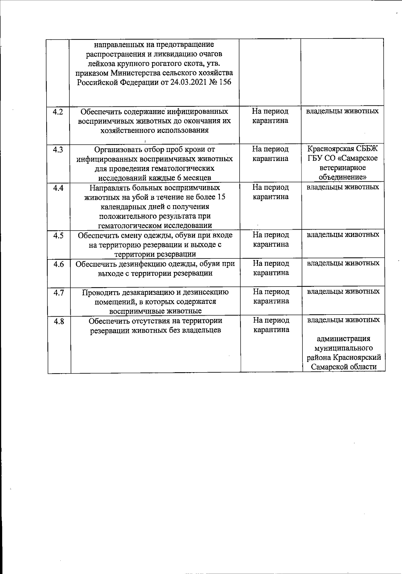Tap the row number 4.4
[58, 188]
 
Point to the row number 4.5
[58, 236]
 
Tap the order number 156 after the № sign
[225, 82]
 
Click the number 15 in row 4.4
[221, 197]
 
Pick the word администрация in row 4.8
[343, 339]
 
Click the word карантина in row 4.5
[271, 244]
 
